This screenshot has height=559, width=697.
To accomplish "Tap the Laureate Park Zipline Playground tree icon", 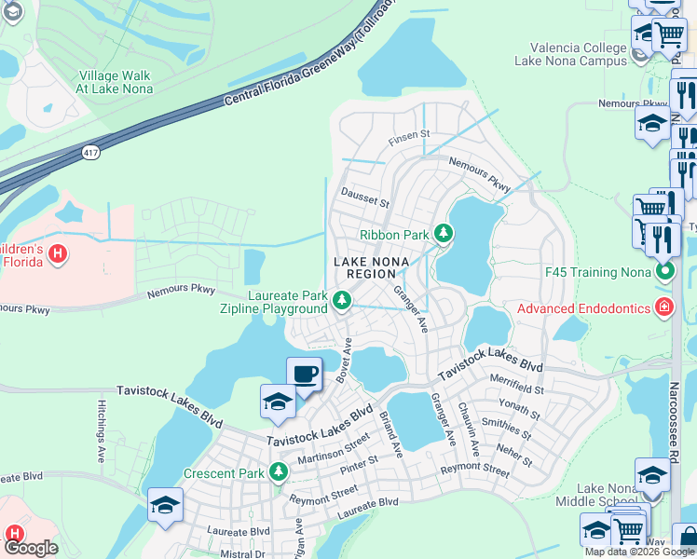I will pos(342,300).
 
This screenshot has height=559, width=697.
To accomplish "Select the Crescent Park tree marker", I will pos(278,472).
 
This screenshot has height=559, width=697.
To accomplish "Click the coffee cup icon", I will pos(304,374).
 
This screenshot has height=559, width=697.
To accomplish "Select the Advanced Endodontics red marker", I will pos(663,308).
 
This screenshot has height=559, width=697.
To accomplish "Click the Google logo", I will pos(32,548).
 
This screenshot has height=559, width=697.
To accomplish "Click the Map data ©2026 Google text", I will pos(639,552).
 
